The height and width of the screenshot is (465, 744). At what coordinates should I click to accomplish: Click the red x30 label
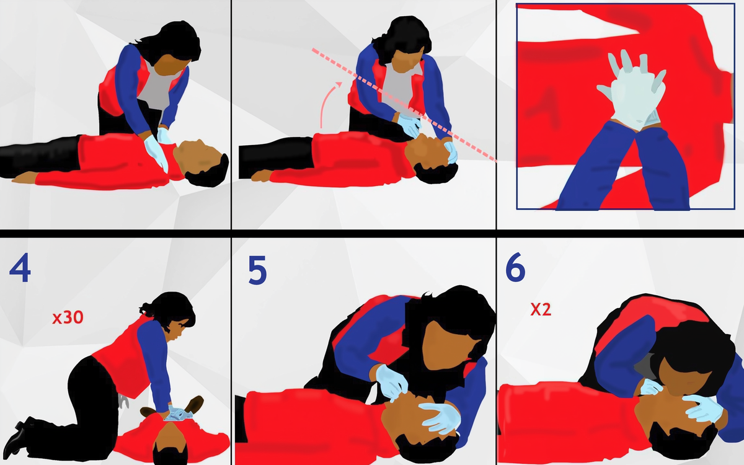click(x=67, y=318)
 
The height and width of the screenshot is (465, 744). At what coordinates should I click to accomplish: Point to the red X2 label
click(x=540, y=309)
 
